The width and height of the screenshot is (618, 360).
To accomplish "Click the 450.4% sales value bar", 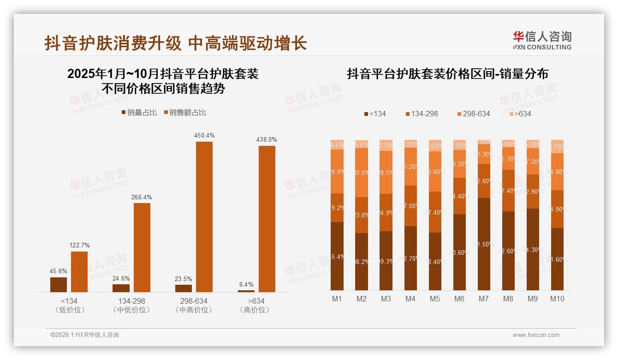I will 204,216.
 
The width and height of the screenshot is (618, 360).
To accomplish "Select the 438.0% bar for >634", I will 267,219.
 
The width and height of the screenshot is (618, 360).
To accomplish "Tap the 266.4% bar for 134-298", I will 142,247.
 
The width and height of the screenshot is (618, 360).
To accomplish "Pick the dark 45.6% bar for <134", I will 59,284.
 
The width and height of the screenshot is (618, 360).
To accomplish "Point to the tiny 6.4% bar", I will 246,291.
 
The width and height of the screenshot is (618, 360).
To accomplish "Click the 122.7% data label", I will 79,245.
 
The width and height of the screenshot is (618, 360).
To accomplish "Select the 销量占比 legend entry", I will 139,113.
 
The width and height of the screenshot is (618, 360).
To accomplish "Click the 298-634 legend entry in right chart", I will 473,114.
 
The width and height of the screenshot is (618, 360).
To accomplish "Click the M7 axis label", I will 483,299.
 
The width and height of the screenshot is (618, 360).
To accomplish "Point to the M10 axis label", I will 557,299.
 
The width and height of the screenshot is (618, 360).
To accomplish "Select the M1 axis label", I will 337,299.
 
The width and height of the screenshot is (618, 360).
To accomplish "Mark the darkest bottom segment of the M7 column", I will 484,244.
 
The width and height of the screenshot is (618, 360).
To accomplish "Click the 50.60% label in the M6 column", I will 459,252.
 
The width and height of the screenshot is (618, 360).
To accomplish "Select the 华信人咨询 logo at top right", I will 542,40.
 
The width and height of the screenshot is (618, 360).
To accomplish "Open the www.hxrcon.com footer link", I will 536,335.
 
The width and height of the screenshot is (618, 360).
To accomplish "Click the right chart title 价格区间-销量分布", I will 447,74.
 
